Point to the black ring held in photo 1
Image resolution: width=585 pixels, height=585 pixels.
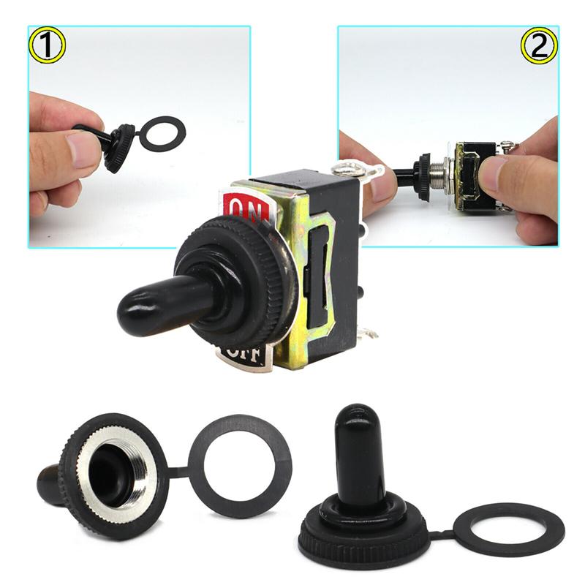pyautogui.click(x=162, y=133)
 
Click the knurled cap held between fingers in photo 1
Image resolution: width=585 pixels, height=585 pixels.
pyautogui.click(x=118, y=147)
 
